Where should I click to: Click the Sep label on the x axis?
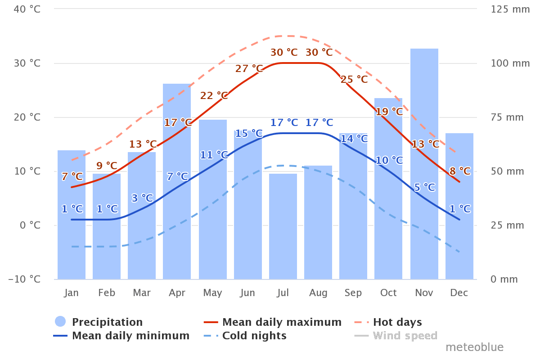click(x=353, y=293)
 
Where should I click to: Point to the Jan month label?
click(x=72, y=293)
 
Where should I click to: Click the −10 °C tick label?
click(x=25, y=279)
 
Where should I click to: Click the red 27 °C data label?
click(x=249, y=69)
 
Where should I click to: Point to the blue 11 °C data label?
click(x=214, y=155)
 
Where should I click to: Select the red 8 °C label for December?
click(x=460, y=171)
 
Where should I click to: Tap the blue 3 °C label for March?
click(x=142, y=198)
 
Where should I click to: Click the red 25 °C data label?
click(x=354, y=80)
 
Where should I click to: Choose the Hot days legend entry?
click(x=397, y=322)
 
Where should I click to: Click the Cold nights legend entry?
click(x=254, y=336)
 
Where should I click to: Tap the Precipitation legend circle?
click(x=60, y=322)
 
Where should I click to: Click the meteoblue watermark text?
click(x=474, y=347)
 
